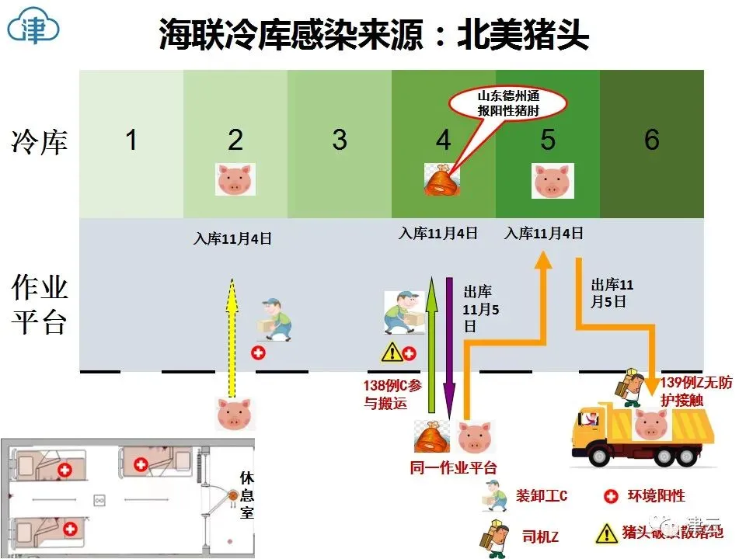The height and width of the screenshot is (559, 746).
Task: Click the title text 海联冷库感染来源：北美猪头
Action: click(373, 34)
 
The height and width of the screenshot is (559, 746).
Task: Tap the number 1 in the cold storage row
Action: click(131, 141)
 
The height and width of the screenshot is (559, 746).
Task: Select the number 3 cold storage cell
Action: click(339, 141)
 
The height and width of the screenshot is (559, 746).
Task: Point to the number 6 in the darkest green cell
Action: click(651, 141)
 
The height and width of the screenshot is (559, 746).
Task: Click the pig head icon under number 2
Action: click(234, 179)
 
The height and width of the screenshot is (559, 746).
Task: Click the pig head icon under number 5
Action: click(553, 180)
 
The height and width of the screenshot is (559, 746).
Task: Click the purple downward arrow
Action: click(449, 342)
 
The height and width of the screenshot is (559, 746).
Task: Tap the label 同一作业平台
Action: click(453, 467)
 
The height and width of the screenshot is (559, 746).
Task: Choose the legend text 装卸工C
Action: click(542, 495)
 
